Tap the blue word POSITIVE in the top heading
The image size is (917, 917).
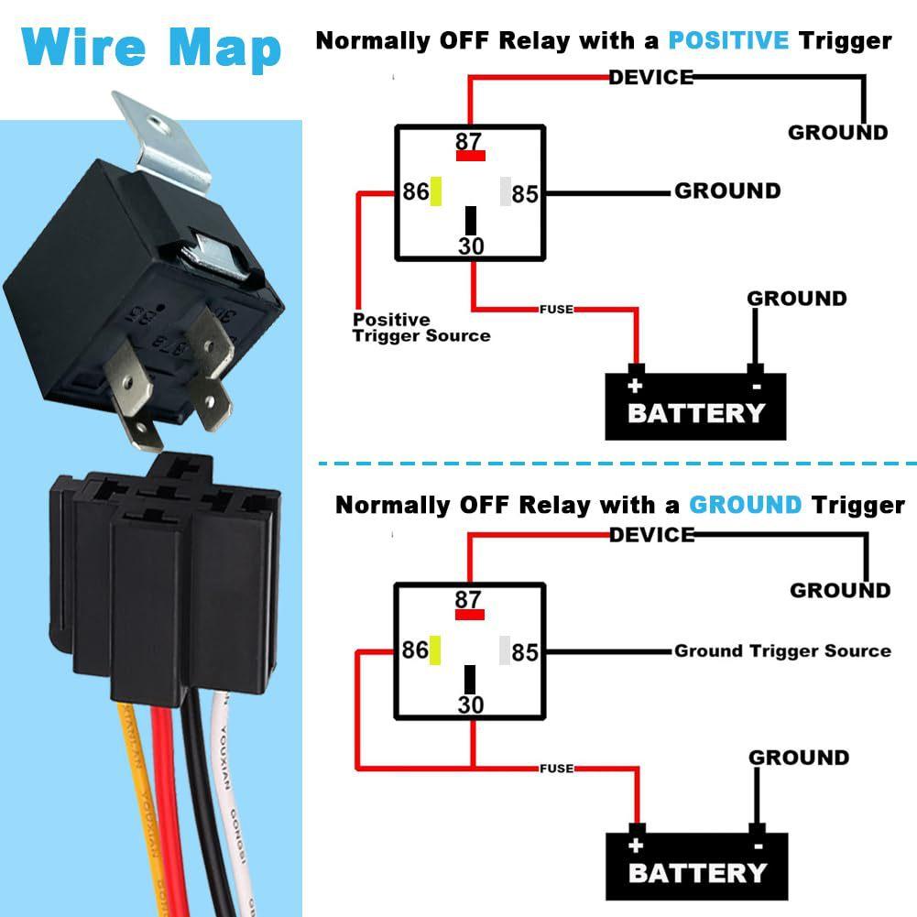(728, 41)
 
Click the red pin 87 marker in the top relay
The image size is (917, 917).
(471, 156)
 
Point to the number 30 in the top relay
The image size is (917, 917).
(471, 246)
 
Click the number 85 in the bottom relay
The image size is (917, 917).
(525, 653)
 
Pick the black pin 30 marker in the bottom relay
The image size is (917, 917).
(471, 679)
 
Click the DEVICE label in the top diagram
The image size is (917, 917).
(651, 78)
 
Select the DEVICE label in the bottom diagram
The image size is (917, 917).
(652, 535)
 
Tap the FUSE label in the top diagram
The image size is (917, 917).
(556, 310)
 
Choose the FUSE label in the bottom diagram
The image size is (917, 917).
(557, 768)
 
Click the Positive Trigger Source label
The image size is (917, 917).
(420, 328)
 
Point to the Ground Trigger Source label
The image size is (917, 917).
(782, 651)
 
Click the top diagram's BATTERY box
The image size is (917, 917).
(696, 406)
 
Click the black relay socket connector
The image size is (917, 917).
(165, 577)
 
